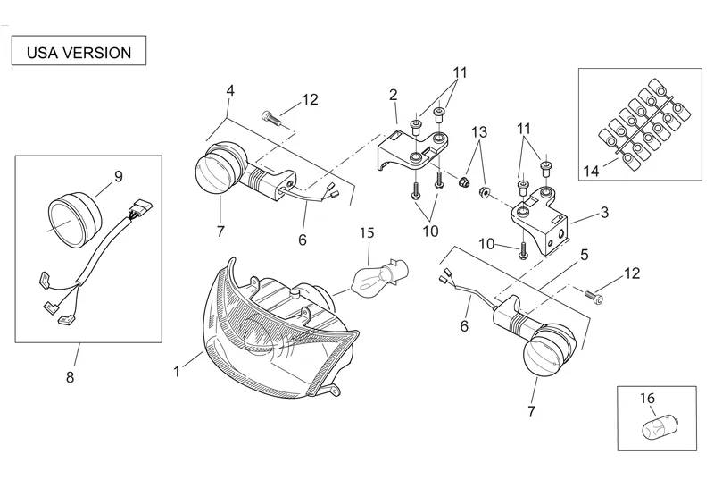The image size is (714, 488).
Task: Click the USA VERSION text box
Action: (79, 51)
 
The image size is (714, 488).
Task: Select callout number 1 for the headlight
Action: (177, 371)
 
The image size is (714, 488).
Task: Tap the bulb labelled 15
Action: (380, 278)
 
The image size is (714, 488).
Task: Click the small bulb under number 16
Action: (656, 427)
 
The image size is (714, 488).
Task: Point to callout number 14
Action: (592, 172)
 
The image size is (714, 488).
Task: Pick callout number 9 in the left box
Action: (119, 176)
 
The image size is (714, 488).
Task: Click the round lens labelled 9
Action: (73, 220)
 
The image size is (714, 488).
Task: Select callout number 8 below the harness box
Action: (70, 377)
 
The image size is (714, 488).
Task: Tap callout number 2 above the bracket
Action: (394, 95)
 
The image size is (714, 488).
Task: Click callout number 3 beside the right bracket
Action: (604, 212)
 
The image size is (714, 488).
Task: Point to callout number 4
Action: (230, 90)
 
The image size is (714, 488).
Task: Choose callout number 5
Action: (585, 255)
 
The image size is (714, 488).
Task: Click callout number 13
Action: (479, 132)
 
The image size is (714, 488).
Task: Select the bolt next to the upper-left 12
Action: (270, 118)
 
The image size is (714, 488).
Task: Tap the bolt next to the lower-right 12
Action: (594, 297)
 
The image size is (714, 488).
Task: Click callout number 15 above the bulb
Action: (367, 233)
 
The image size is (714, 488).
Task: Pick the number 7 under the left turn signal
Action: (220, 231)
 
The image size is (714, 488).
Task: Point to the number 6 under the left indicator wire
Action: (303, 240)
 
